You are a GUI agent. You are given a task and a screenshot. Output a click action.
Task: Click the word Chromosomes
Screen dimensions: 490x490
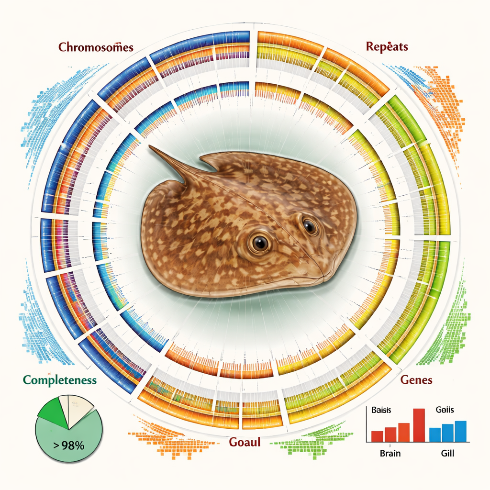click(96, 47)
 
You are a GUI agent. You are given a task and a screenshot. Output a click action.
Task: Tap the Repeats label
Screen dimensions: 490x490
click(387, 46)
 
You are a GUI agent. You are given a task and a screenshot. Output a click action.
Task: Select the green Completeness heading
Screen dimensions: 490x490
click(60, 380)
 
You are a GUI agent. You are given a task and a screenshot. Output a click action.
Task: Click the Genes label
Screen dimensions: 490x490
click(416, 380)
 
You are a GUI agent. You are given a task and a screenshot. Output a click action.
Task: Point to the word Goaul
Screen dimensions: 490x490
click(245, 442)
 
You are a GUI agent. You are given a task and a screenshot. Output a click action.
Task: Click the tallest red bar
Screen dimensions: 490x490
click(419, 425)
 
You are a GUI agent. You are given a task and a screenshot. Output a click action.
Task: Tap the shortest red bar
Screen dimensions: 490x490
click(377, 436)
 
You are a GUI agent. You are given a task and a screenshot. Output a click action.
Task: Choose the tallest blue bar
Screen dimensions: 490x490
click(460, 431)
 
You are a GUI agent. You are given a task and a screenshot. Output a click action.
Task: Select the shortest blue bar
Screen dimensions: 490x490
click(434, 434)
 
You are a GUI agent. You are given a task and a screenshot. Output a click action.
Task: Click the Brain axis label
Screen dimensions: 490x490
click(390, 453)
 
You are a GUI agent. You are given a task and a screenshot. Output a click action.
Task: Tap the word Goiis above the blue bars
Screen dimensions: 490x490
click(445, 410)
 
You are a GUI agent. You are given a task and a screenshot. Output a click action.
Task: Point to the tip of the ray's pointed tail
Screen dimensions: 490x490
click(151, 147)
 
